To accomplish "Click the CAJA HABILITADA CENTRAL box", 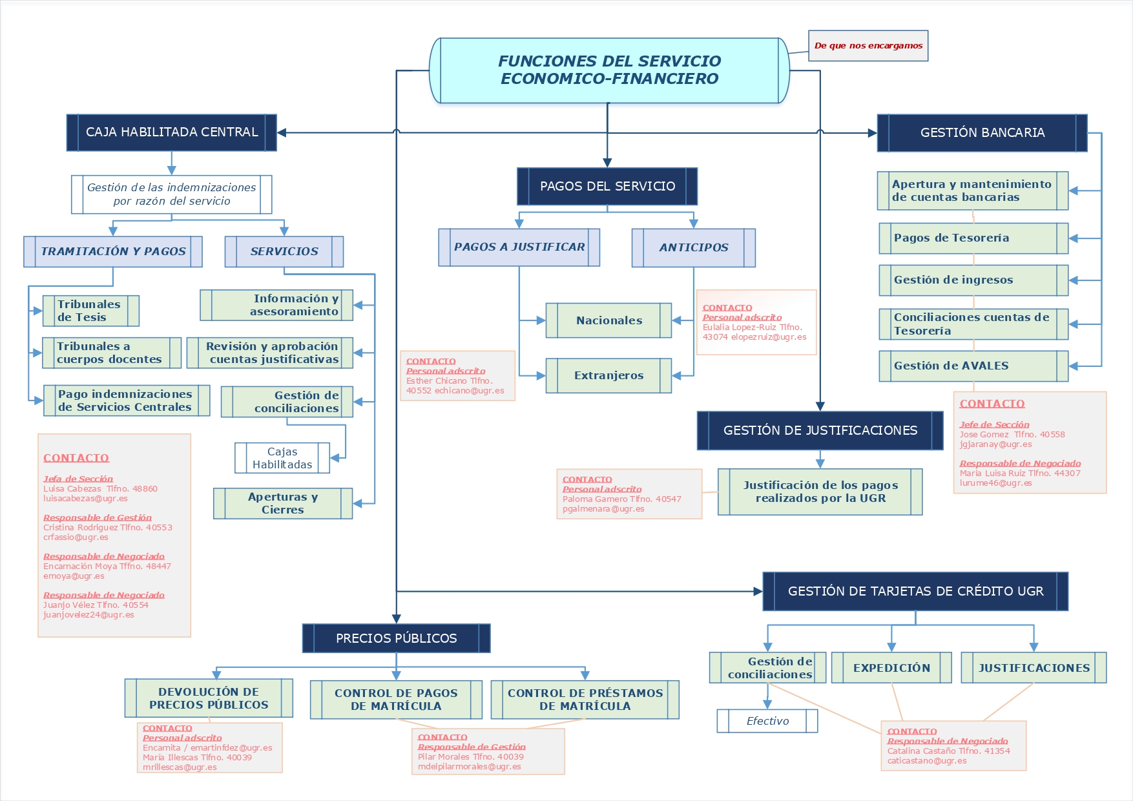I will pos(171,132).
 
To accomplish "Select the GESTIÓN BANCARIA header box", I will pos(982,133).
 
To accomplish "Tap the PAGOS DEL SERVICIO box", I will pos(607,187).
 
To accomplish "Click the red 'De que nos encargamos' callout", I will pos(868,46).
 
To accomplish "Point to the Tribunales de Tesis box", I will pos(90,311).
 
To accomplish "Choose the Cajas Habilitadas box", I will pos(282,458).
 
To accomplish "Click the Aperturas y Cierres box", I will pos(283,503).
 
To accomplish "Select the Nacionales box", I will pos(608,320).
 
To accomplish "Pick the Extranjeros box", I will pos(608,375).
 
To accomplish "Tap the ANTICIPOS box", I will pos(693,247).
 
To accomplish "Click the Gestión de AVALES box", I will pos(973,366).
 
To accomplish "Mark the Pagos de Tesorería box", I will pos(973,238).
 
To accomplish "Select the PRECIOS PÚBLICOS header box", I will pos(396,638).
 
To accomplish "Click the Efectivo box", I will pos(767,721).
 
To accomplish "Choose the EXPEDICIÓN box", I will pos(891,668).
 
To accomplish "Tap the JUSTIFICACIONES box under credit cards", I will pos(1034,668).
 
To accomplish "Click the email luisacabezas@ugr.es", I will pos(85,499).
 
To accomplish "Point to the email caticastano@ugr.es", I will pos(927,761).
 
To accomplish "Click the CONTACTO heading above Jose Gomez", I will pos(992,404).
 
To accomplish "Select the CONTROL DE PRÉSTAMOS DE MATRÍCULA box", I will pos(585,700).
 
